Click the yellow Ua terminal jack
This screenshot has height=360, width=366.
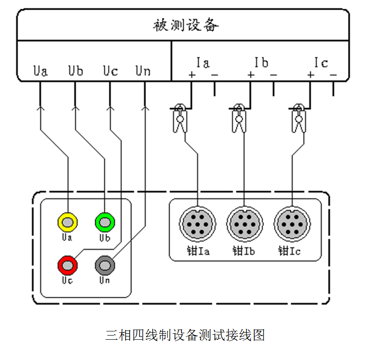[x=67, y=223]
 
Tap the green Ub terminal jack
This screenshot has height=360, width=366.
[x=104, y=223]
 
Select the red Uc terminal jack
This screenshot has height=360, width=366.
[x=67, y=265]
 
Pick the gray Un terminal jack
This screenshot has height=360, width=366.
[x=104, y=265]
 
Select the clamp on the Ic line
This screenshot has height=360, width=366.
[x=298, y=119]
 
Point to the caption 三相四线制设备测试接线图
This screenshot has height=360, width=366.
[x=185, y=335]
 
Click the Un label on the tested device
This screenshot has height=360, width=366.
[x=143, y=71]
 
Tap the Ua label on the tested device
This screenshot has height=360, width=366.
[x=40, y=71]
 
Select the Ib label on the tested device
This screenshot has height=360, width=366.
[x=261, y=62]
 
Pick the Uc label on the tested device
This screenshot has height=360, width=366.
[x=110, y=71]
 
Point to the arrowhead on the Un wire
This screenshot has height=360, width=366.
[x=144, y=109]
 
